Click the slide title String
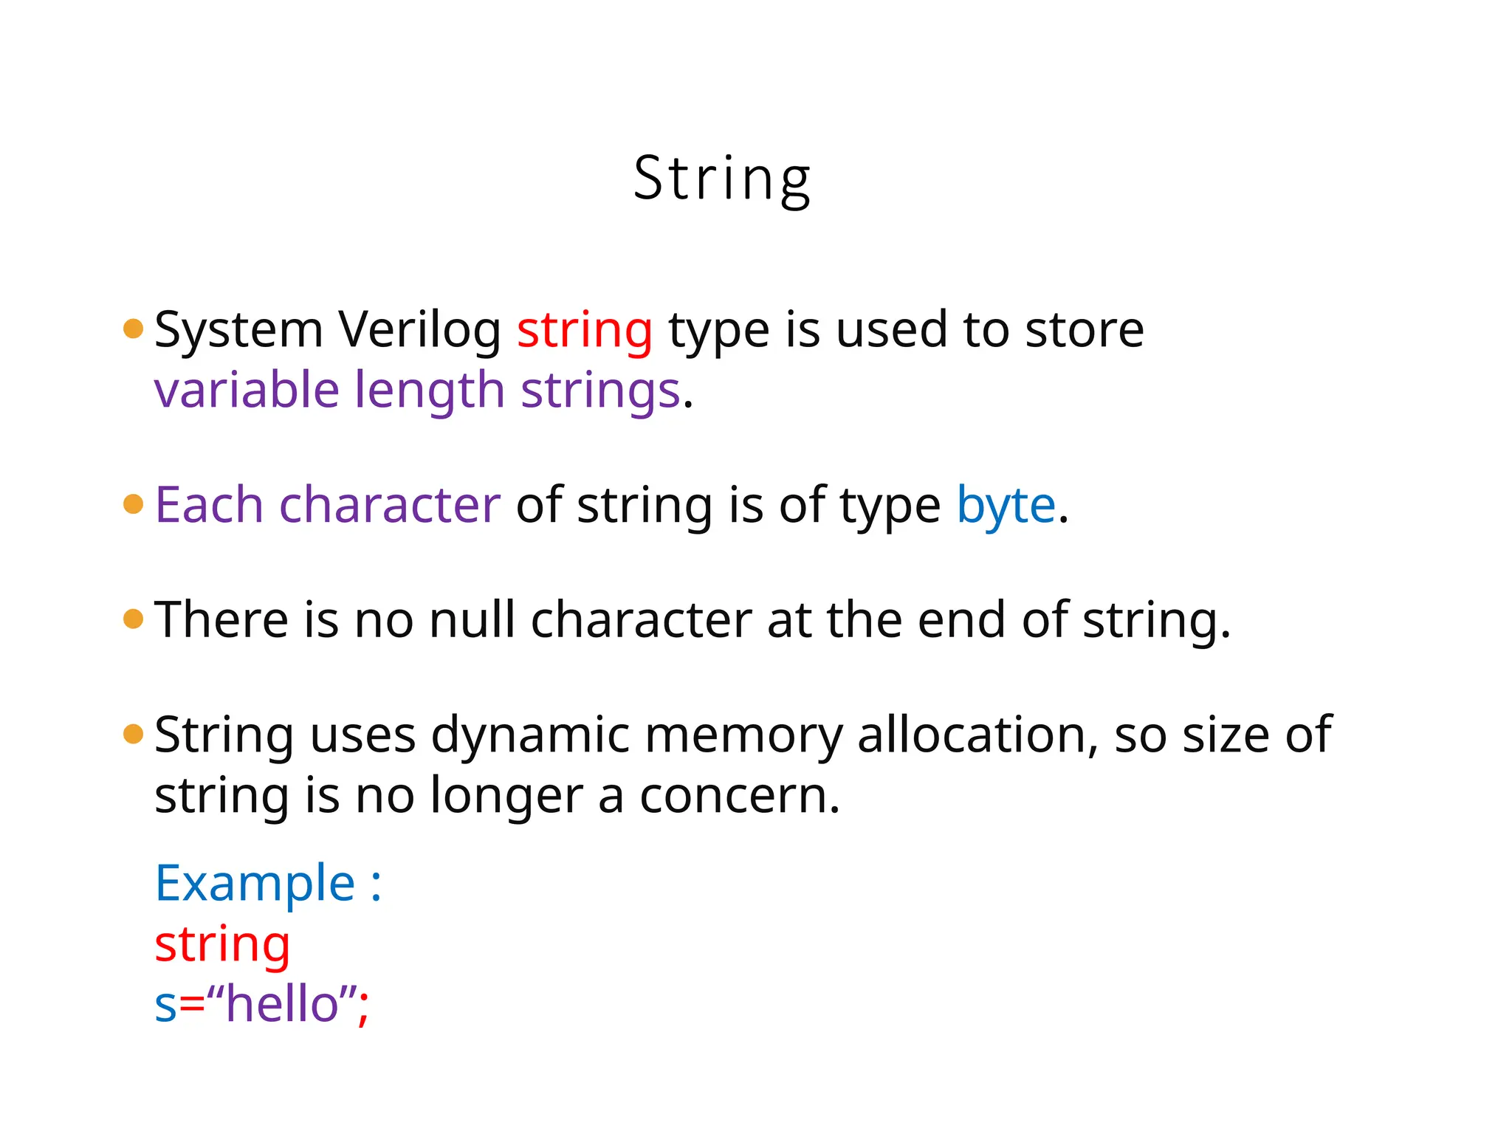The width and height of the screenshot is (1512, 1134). [721, 179]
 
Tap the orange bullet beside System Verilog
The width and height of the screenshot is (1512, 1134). [134, 329]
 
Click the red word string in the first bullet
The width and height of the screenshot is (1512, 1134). [584, 330]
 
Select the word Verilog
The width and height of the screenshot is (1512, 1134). [419, 330]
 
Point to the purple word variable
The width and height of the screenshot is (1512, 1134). [246, 390]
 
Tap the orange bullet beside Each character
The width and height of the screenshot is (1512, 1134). [134, 504]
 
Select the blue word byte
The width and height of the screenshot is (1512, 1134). [1006, 507]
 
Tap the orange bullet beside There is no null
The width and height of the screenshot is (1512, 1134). [134, 619]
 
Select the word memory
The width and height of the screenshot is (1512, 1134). [743, 736]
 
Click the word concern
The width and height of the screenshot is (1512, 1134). [739, 796]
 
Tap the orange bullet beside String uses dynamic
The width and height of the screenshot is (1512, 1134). [134, 734]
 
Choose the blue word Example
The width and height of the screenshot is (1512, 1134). [255, 883]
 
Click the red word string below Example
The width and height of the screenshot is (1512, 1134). [222, 944]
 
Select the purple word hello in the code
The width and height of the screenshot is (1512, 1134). [282, 1004]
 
